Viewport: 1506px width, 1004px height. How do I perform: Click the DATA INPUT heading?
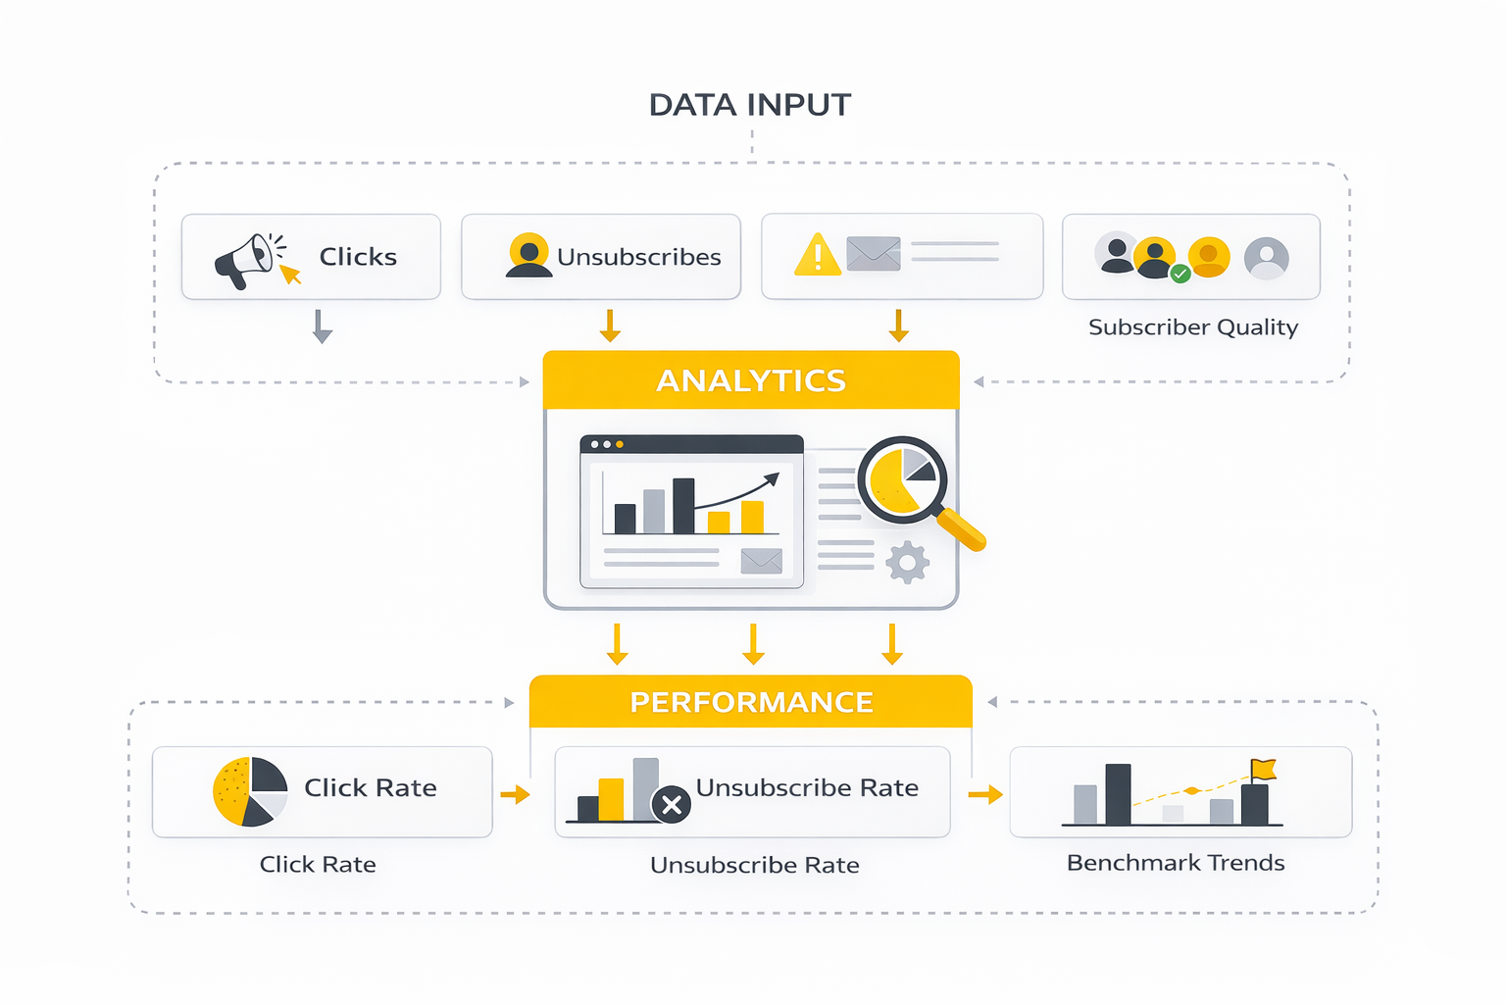(x=750, y=105)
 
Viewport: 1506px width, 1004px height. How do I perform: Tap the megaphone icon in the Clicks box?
(x=245, y=261)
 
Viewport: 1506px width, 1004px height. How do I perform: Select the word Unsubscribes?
(x=638, y=257)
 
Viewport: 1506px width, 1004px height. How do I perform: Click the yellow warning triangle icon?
(x=817, y=256)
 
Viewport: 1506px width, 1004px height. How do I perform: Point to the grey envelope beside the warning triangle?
(x=873, y=254)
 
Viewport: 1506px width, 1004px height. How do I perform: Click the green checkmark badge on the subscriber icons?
(x=1180, y=275)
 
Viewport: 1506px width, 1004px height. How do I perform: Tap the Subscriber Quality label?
(x=1192, y=327)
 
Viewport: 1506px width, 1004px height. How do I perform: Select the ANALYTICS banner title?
(x=751, y=380)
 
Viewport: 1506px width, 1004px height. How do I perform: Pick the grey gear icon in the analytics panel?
(x=907, y=563)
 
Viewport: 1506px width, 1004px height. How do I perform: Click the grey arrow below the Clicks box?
(x=323, y=326)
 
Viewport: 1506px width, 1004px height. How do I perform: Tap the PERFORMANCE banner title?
(x=751, y=702)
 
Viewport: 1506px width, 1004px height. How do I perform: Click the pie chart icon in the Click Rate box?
(x=250, y=791)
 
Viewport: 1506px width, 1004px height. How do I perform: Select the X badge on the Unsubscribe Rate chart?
(x=672, y=806)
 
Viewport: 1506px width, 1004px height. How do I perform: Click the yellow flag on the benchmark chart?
(x=1263, y=770)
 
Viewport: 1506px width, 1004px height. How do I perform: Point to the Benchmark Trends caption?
(x=1175, y=863)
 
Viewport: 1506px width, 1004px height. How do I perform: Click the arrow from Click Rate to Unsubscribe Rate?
(x=515, y=794)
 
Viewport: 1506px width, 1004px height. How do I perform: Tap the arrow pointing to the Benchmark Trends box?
(x=985, y=794)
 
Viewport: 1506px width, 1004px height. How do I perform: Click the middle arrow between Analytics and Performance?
(x=753, y=644)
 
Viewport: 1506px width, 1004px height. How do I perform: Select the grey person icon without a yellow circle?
(x=1266, y=259)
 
